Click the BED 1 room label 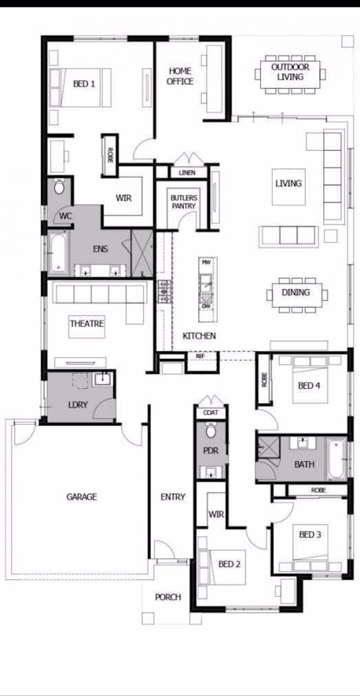coord(84,84)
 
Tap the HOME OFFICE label coord(180,76)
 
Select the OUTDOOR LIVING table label coord(290,72)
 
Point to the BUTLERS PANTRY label coord(183,201)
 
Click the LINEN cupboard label coord(187,173)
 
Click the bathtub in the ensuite coord(58,253)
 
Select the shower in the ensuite coord(142,254)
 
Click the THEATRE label coord(87,323)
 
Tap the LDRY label coord(77,405)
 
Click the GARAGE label coord(82,497)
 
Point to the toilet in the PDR coord(211,430)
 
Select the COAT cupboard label coord(211,413)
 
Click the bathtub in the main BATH coord(336,459)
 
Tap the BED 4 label coord(309,386)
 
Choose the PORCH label coord(168,597)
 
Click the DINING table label coord(295,292)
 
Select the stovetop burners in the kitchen coord(164,291)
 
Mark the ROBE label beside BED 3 coord(318,490)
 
